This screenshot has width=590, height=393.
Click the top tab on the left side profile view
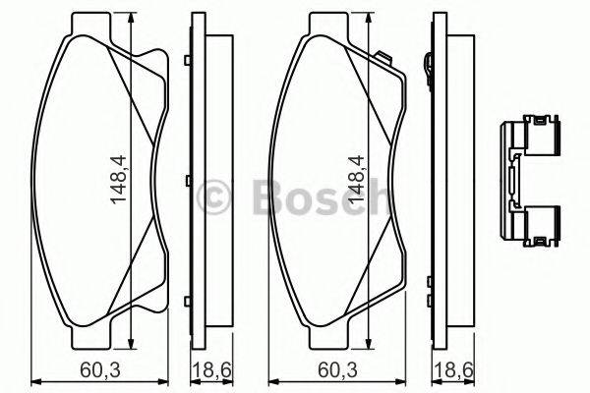point(188,61)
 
